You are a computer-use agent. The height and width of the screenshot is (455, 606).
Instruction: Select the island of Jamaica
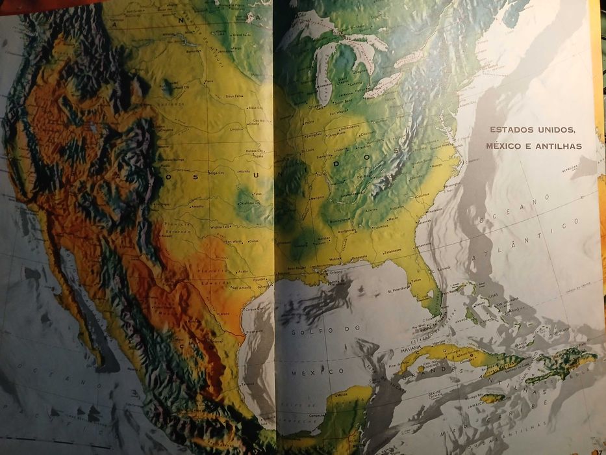[x=492, y=398]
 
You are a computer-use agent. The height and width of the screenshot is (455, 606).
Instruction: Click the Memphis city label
[x=317, y=198]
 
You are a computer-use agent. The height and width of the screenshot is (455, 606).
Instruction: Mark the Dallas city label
[x=252, y=240]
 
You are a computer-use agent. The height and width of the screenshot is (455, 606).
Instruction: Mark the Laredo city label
[x=225, y=313]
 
